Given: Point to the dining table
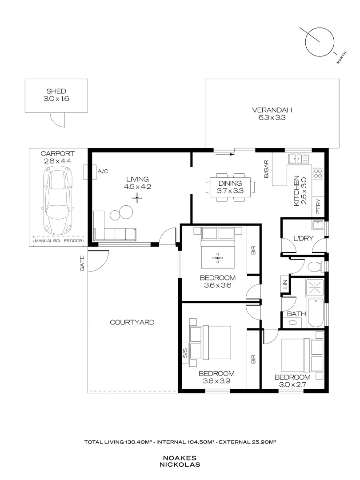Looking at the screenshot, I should (229, 187).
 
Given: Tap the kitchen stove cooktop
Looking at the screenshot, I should (318, 173).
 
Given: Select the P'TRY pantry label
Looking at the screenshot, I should (318, 209).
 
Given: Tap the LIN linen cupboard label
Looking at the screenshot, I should (284, 284).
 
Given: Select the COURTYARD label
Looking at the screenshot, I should (132, 322).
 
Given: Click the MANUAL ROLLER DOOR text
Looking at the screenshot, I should (59, 242).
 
